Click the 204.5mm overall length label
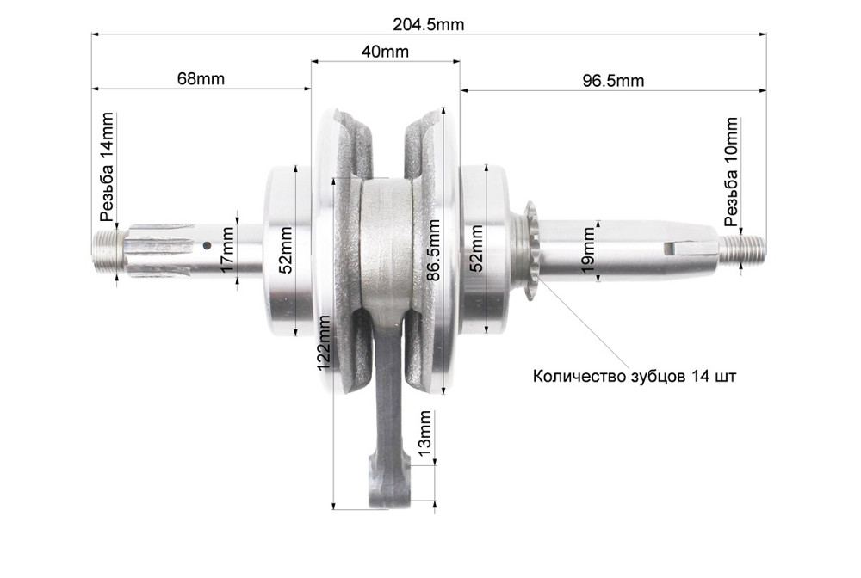click(x=428, y=24)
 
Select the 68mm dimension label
click(x=201, y=78)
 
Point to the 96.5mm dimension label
click(x=612, y=81)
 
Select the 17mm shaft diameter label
click(x=226, y=250)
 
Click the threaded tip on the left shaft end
click(x=105, y=252)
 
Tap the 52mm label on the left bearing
click(x=286, y=250)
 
